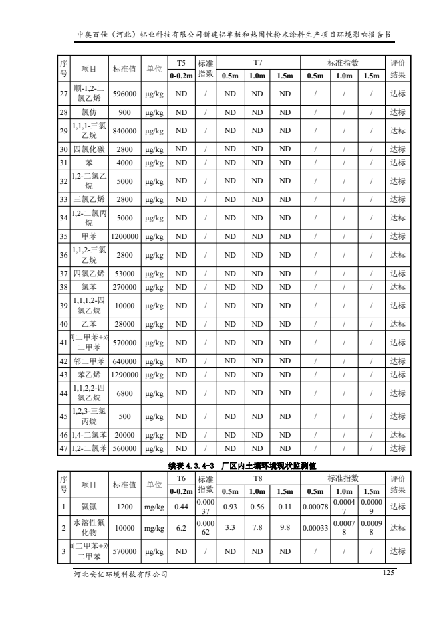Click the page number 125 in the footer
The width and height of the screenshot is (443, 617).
390,573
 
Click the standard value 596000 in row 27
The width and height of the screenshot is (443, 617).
124,94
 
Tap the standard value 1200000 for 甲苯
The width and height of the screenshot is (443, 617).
124,235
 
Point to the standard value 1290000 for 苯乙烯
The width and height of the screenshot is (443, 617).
124,375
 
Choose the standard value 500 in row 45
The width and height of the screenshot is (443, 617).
124,418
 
